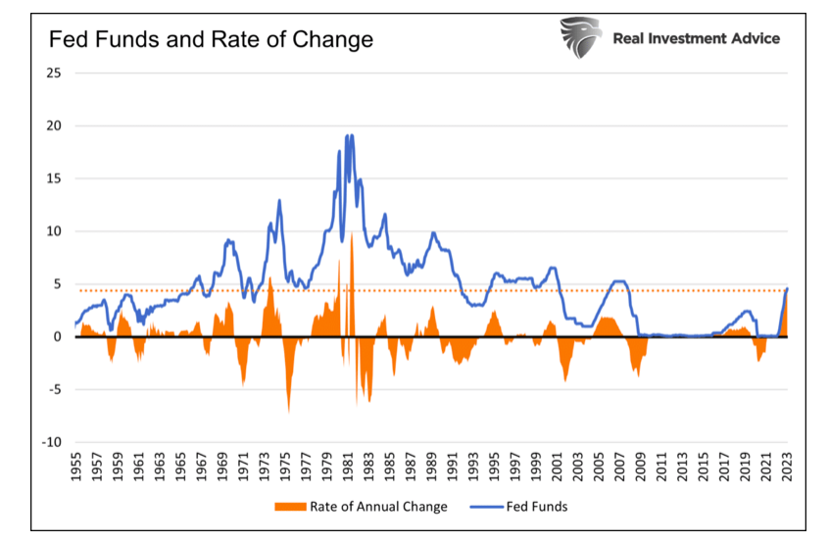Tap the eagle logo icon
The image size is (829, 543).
click(581, 37)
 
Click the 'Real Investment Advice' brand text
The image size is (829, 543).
click(696, 38)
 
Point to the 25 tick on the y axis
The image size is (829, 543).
click(56, 73)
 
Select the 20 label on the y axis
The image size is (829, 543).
click(56, 125)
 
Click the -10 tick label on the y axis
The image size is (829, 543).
click(53, 442)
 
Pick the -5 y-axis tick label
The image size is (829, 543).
click(56, 389)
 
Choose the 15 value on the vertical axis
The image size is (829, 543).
click(56, 178)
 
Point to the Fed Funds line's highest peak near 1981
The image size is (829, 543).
click(348, 135)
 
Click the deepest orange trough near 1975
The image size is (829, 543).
click(288, 411)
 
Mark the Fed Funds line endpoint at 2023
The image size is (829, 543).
click(788, 288)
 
